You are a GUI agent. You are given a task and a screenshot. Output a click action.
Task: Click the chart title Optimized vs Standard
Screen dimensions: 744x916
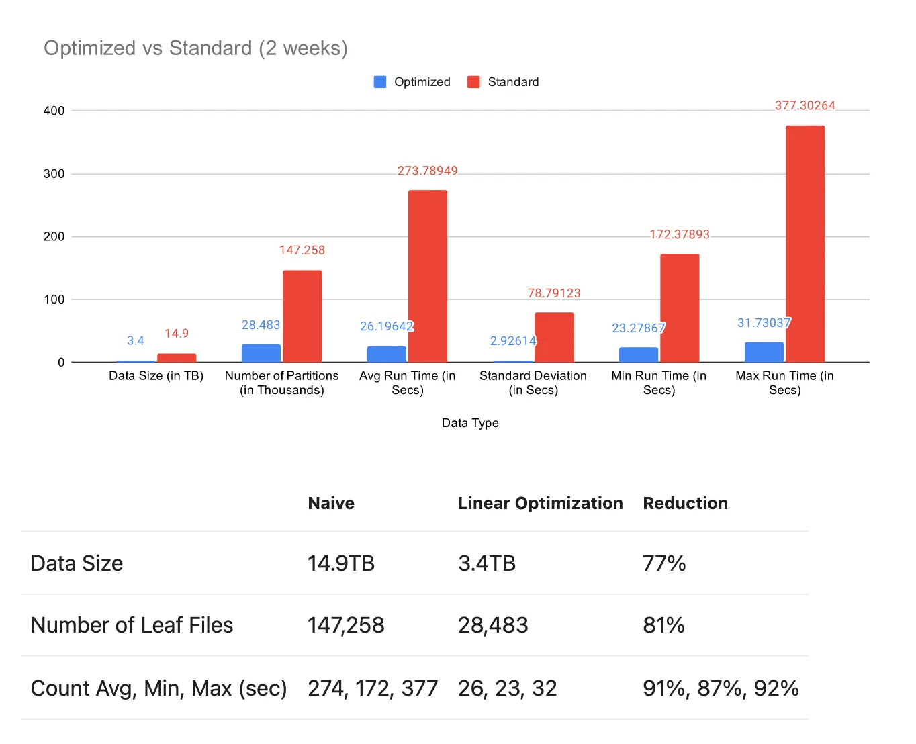(x=195, y=48)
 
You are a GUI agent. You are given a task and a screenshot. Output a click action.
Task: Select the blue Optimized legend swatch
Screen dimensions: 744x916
(x=380, y=82)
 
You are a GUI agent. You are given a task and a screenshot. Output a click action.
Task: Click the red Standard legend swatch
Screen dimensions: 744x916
(x=473, y=82)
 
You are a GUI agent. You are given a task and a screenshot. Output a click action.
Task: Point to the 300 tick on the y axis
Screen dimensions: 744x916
(x=54, y=174)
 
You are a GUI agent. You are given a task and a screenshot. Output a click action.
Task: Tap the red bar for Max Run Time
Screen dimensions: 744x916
(x=805, y=244)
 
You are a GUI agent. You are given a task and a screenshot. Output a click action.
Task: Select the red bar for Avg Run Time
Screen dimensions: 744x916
(x=427, y=276)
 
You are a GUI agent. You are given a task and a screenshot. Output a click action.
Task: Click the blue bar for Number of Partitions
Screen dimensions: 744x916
(x=261, y=353)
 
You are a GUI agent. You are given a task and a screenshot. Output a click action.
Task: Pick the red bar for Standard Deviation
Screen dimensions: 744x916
(x=554, y=337)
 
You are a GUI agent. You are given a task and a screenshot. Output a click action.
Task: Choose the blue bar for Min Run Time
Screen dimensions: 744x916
(x=639, y=355)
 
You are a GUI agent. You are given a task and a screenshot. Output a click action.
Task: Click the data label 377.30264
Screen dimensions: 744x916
(x=805, y=105)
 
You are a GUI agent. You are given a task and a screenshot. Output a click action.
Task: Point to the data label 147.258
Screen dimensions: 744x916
(x=302, y=250)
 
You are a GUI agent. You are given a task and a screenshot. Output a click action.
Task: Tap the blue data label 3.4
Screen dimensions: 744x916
(x=136, y=341)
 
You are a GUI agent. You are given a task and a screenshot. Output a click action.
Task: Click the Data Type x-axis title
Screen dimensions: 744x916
(x=470, y=423)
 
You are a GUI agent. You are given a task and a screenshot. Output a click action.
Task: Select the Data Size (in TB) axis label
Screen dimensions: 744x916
(x=156, y=376)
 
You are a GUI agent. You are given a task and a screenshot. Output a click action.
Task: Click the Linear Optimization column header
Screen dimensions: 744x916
(x=540, y=503)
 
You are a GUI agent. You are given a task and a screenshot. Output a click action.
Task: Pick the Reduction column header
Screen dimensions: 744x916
(x=685, y=503)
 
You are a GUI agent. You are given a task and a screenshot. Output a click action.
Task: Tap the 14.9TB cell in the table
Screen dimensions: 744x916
(x=341, y=563)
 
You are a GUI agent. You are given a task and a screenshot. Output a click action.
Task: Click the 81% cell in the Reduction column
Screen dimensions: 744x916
(x=663, y=625)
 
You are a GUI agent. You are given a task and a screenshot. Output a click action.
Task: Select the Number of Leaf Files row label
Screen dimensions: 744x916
(x=132, y=625)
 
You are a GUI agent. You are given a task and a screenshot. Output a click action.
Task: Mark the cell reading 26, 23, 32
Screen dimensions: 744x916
(x=508, y=688)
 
